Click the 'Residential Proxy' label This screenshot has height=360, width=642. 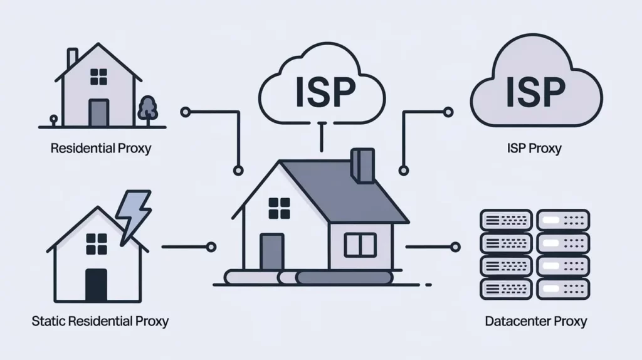[x=100, y=149]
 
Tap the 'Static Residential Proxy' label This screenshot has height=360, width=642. [x=100, y=322]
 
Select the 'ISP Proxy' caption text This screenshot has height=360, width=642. [x=534, y=149]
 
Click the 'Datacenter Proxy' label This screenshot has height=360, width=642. [x=536, y=322]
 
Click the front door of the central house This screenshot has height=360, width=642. [x=271, y=253]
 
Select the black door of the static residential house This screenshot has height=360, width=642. [x=96, y=285]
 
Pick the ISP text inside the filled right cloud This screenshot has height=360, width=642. [x=535, y=92]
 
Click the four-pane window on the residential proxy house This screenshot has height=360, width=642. [x=98, y=77]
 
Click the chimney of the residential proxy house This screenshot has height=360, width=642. [x=73, y=58]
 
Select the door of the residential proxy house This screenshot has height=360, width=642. [x=98, y=113]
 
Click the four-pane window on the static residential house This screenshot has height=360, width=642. [x=96, y=243]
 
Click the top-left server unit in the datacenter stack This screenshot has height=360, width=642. [x=505, y=220]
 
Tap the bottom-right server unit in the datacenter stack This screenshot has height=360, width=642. [x=563, y=288]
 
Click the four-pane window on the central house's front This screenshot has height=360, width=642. [x=280, y=208]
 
